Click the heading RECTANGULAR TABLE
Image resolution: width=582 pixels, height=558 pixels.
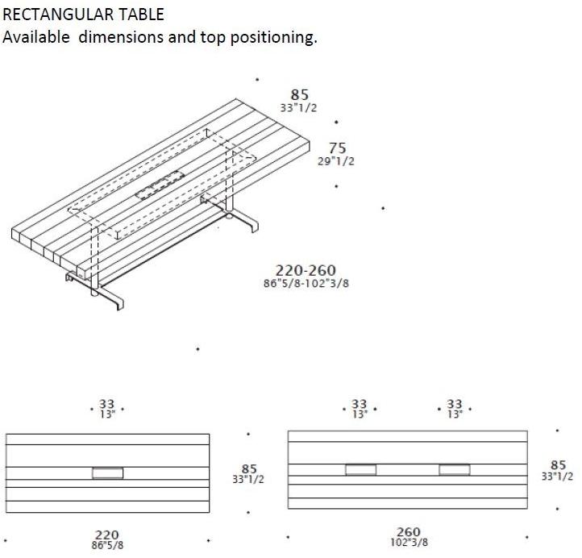pos(83,15)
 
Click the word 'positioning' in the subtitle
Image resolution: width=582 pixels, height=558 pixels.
pos(274,38)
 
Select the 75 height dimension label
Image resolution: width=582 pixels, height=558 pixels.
pos(338,148)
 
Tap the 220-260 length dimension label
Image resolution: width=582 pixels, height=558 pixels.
pos(306,270)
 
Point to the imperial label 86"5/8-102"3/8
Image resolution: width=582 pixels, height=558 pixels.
pos(306,283)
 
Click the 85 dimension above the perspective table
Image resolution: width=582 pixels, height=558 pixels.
pos(299,94)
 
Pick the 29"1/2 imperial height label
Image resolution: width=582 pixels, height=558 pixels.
pos(336,161)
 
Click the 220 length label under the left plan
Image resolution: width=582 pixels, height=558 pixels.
pos(107,535)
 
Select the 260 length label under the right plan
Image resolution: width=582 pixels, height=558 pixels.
pos(409,531)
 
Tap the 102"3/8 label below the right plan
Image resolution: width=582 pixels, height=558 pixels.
pos(409,543)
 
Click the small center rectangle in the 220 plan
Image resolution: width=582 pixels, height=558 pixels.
pos(108,473)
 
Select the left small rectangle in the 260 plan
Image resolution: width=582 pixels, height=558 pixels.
pos(361,469)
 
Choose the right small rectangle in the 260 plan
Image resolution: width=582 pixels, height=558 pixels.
pos(455,469)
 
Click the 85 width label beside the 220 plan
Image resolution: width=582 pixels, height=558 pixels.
pos(249,468)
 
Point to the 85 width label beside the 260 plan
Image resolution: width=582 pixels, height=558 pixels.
pos(559,464)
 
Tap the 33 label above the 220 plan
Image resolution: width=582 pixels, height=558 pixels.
pos(106,404)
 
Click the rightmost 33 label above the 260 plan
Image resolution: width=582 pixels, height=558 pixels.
pos(455,403)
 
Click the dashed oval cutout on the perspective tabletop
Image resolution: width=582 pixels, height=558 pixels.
pos(160,185)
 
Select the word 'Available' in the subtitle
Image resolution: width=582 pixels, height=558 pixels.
pos(36,37)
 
